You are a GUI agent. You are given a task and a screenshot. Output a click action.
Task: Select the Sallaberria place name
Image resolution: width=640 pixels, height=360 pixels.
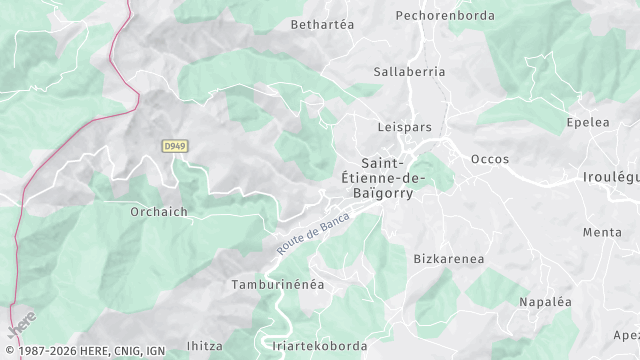(x=409, y=72)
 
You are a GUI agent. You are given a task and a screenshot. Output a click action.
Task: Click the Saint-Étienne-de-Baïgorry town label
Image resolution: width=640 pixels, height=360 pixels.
(x=393, y=177)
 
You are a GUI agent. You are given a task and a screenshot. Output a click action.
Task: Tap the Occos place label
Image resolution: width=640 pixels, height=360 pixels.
(x=490, y=159)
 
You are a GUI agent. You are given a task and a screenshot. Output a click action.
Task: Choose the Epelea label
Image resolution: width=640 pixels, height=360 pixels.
(x=587, y=122)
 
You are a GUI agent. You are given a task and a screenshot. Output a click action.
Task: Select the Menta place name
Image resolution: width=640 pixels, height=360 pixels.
(x=602, y=232)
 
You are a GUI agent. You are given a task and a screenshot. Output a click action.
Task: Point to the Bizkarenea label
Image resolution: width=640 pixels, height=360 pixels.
(x=449, y=259)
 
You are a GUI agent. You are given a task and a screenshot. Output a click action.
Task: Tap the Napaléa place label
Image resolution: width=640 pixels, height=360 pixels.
(x=545, y=301)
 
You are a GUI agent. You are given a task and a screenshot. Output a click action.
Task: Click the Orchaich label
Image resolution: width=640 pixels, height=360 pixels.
(x=159, y=212)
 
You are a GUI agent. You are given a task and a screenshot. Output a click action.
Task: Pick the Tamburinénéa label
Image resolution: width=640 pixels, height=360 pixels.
(x=278, y=284)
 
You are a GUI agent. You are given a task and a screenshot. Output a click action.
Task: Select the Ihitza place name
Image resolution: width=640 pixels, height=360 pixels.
(x=205, y=345)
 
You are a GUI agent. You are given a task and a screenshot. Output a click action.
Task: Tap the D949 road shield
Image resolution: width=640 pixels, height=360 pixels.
(x=174, y=146)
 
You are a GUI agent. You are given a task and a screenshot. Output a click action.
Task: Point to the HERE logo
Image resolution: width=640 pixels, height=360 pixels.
(x=21, y=327)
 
